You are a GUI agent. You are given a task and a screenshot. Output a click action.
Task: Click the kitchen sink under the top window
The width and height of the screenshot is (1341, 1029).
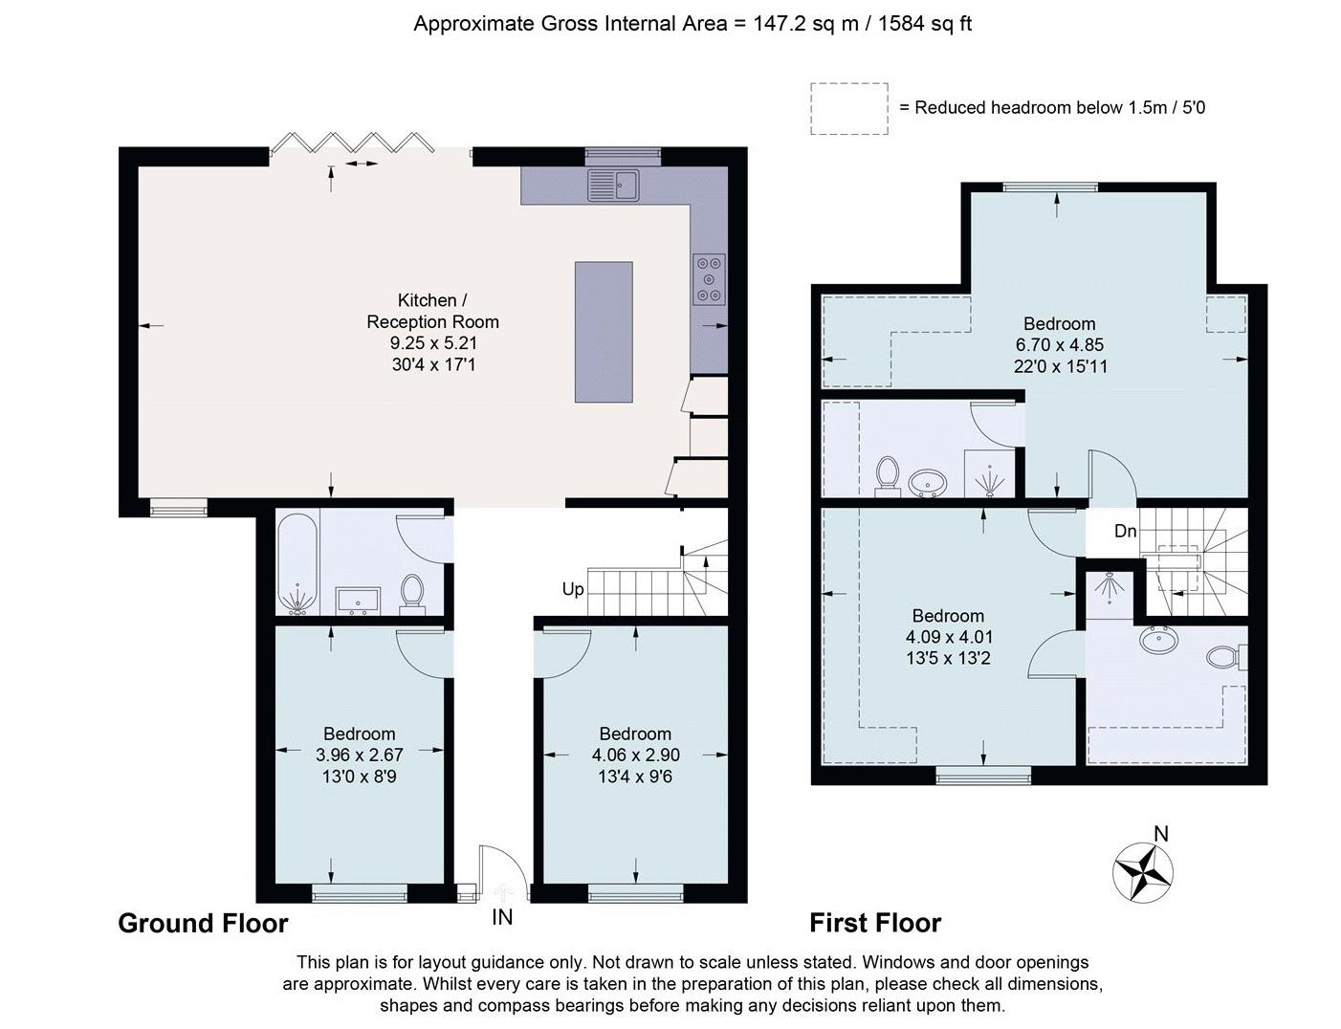613,186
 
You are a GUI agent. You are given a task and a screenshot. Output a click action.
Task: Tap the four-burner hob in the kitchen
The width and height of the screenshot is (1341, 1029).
709,279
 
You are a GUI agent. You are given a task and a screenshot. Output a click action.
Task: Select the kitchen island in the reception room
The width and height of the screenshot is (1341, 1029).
604,332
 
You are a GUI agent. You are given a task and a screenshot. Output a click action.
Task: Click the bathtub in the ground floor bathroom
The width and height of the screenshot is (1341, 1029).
298,564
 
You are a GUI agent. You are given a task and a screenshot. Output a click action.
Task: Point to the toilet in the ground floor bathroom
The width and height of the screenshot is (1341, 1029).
411,594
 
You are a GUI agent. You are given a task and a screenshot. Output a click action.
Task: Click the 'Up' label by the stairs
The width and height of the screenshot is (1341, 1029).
573,589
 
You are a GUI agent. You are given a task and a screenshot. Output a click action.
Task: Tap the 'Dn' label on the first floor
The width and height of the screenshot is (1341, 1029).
1125,531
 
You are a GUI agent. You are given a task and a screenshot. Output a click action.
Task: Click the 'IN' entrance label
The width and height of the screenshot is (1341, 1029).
502,917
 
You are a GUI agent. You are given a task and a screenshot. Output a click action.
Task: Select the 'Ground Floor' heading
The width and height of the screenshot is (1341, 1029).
203,924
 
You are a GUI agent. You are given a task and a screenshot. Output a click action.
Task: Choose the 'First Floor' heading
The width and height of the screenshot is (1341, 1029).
875,923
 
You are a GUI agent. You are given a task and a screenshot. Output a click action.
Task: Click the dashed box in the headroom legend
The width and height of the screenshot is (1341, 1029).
849,109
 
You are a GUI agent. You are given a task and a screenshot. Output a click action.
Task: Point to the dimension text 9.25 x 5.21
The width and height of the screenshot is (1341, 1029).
433,343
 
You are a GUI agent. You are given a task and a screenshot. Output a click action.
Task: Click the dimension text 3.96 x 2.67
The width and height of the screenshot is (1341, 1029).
360,755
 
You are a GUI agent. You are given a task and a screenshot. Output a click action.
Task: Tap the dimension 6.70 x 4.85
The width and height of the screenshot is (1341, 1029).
1060,344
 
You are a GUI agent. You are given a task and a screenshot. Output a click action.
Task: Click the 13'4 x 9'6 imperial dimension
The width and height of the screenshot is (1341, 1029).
635,777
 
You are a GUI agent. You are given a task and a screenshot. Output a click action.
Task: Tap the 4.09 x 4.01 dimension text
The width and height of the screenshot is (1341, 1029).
948,637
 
